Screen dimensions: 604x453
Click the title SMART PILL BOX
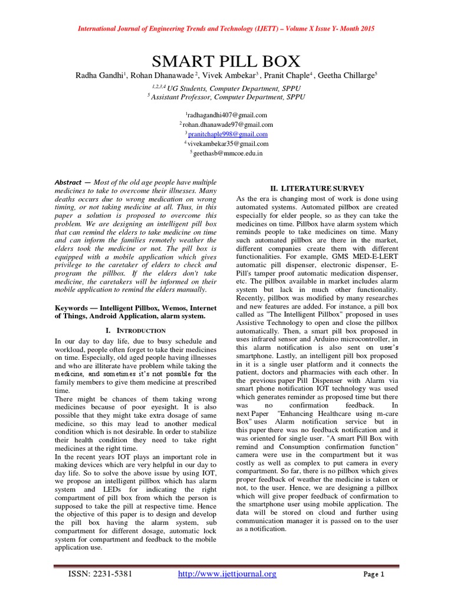coord(226,61)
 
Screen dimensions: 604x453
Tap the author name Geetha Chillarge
coord(345,75)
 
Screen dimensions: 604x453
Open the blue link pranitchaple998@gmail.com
coord(228,134)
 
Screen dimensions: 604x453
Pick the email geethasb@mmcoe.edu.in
coord(228,153)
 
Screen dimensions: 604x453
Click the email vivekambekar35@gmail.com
coord(228,143)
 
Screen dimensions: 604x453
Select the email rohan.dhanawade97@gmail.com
coord(228,124)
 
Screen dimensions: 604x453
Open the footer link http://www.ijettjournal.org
coord(227,574)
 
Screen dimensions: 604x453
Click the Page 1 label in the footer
coord(373,575)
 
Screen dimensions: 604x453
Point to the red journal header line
coord(226,28)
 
